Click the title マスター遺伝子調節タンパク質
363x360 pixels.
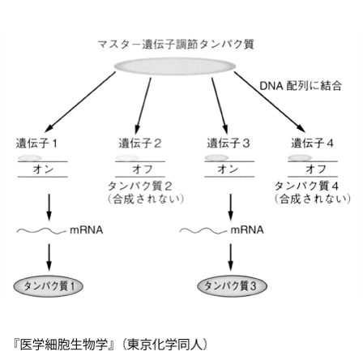(176, 44)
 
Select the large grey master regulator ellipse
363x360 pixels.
(175, 66)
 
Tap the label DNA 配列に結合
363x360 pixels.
(301, 86)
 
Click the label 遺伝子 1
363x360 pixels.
(36, 144)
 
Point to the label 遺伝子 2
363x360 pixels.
(140, 143)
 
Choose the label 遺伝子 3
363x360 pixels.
(228, 143)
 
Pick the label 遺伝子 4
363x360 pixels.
(312, 143)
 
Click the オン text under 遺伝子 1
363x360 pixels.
(43, 169)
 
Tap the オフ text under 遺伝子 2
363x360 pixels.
(143, 169)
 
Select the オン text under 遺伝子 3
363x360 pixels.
(228, 169)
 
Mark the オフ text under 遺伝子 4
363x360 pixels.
(316, 169)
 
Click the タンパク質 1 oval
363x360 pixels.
(49, 286)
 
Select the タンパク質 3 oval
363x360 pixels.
(232, 286)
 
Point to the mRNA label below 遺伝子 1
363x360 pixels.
(87, 230)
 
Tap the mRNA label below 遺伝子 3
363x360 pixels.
(247, 230)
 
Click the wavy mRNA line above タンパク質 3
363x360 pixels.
(203, 231)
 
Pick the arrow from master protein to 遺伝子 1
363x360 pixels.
(80, 102)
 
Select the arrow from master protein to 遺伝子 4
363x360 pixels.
(270, 102)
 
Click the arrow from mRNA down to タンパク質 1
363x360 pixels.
(49, 257)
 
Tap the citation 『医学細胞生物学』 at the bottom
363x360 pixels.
(64, 345)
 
